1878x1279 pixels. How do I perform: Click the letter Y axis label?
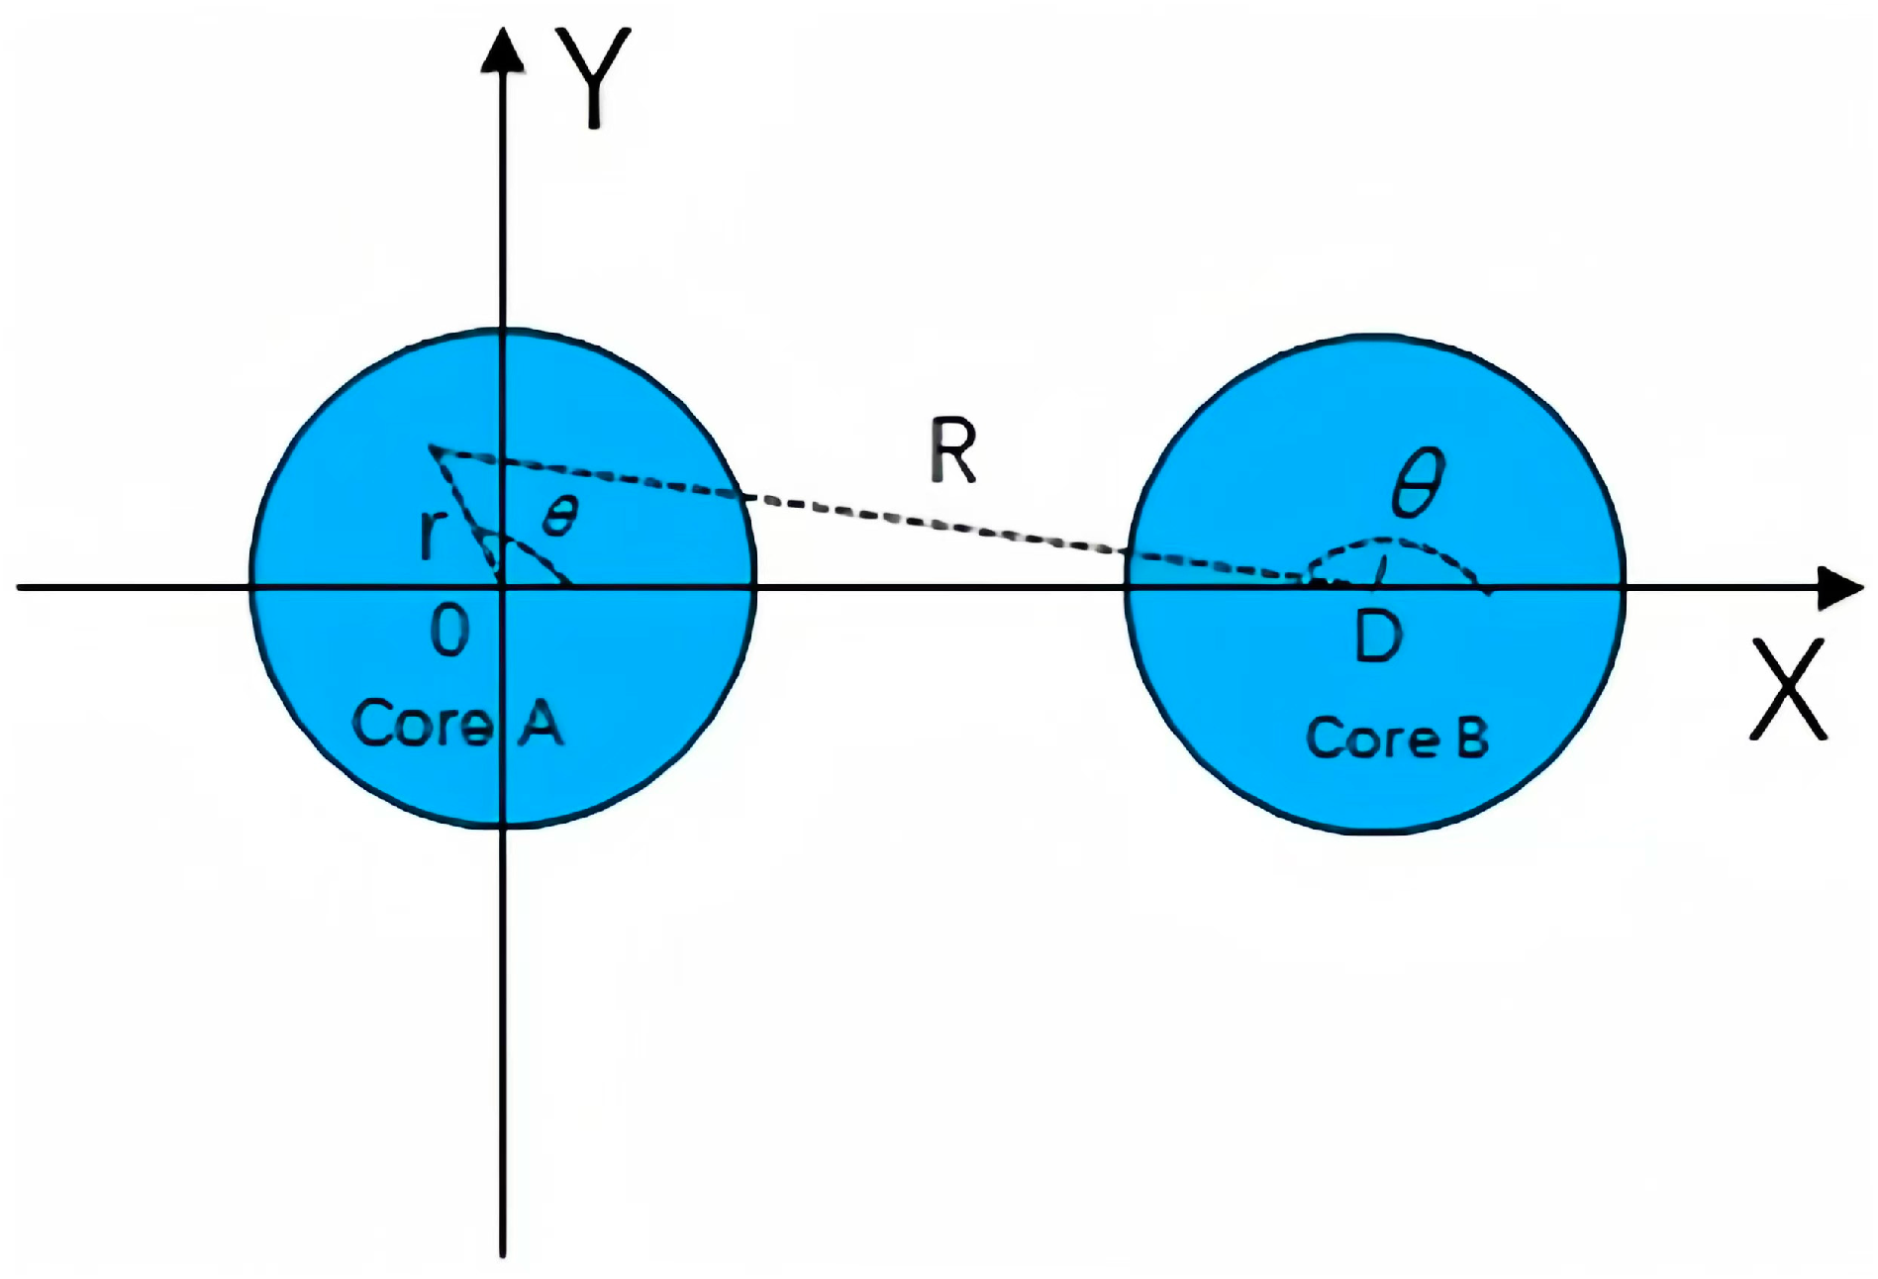pyautogui.click(x=593, y=77)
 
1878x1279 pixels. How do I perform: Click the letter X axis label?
pyautogui.click(x=1788, y=689)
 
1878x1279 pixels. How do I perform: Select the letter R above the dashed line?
pyautogui.click(x=953, y=451)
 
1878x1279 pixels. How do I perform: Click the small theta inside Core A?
pyautogui.click(x=560, y=516)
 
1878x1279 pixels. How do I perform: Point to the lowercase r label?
pyautogui.click(x=429, y=535)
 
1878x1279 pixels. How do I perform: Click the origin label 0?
pyautogui.click(x=449, y=632)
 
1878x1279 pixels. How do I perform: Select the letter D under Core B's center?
pyautogui.click(x=1378, y=637)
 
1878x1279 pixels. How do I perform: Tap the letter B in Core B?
pyautogui.click(x=1472, y=738)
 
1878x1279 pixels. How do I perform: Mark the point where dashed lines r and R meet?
pyautogui.click(x=431, y=448)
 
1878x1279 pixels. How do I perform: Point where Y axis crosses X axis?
pyautogui.click(x=503, y=588)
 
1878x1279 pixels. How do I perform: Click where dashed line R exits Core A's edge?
pyautogui.click(x=741, y=494)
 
